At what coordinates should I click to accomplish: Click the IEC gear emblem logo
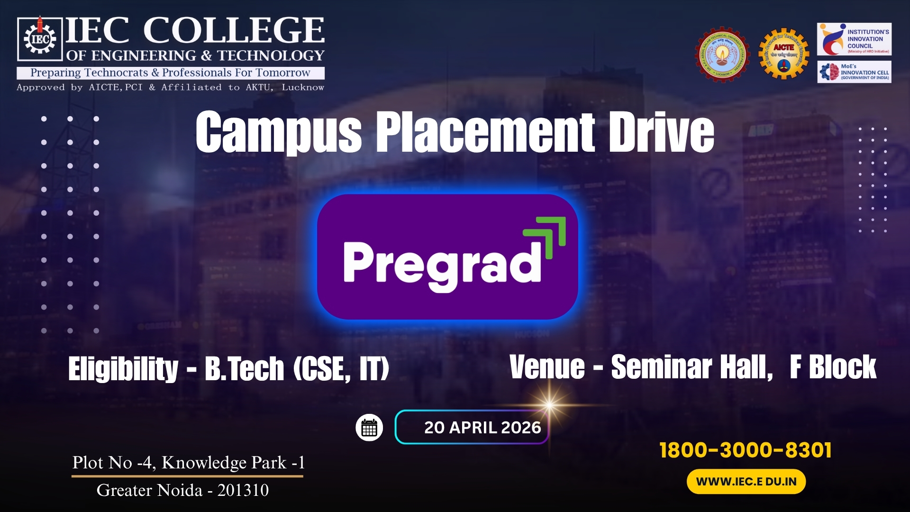[x=40, y=39]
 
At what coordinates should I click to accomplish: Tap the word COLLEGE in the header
[x=234, y=31]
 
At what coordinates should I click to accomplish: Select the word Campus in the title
[x=278, y=132]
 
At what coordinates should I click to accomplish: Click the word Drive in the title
[x=661, y=132]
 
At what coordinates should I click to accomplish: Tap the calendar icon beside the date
[x=369, y=428]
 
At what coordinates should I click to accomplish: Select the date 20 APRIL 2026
[x=482, y=428]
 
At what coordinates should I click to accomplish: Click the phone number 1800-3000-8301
[x=746, y=450]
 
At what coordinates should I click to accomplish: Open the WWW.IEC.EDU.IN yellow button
[x=746, y=482]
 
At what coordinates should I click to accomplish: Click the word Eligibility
[x=123, y=369]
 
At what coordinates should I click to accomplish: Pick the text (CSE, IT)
[x=341, y=369]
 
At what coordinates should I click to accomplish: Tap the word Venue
[x=547, y=367]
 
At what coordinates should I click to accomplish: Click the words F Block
[x=833, y=367]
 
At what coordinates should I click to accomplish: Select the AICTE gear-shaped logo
[x=784, y=54]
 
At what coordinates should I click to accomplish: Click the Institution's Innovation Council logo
[x=854, y=39]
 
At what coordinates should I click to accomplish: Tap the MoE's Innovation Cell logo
[x=854, y=72]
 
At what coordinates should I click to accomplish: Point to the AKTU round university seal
[x=722, y=54]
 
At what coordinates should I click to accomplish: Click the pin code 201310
[x=243, y=490]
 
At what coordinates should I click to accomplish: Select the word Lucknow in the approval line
[x=303, y=88]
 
